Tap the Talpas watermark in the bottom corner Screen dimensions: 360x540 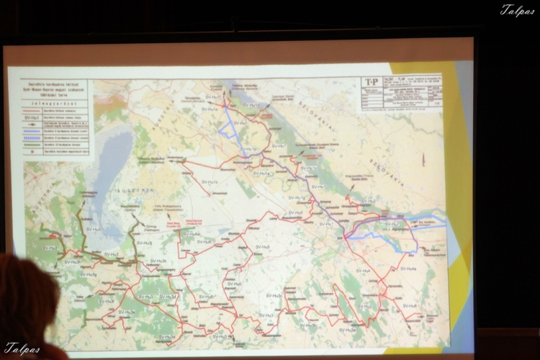[21, 348]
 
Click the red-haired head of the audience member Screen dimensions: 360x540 [25, 302]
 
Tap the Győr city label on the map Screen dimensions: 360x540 [338, 235]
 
